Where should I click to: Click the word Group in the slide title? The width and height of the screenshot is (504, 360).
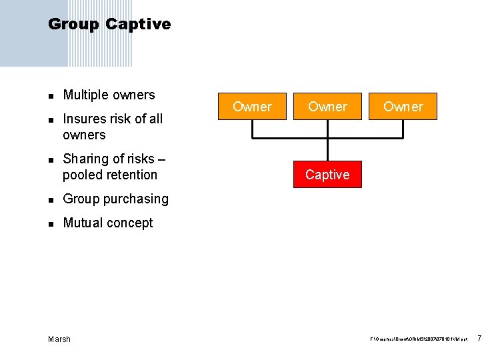coord(73,25)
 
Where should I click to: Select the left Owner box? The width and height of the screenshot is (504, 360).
coord(252,107)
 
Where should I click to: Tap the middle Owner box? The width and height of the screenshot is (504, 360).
coord(327,107)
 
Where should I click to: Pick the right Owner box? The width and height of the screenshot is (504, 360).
coord(403,107)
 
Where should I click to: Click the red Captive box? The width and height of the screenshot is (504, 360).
coord(327,175)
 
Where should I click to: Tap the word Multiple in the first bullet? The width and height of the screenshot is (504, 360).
coord(85,95)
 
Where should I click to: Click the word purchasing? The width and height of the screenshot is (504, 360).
coord(136,199)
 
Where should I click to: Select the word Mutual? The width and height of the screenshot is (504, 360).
coord(83,223)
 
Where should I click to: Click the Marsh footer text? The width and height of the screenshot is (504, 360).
coord(59,339)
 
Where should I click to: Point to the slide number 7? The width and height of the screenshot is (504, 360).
coord(480,339)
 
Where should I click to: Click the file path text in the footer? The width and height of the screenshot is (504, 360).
coord(419,340)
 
